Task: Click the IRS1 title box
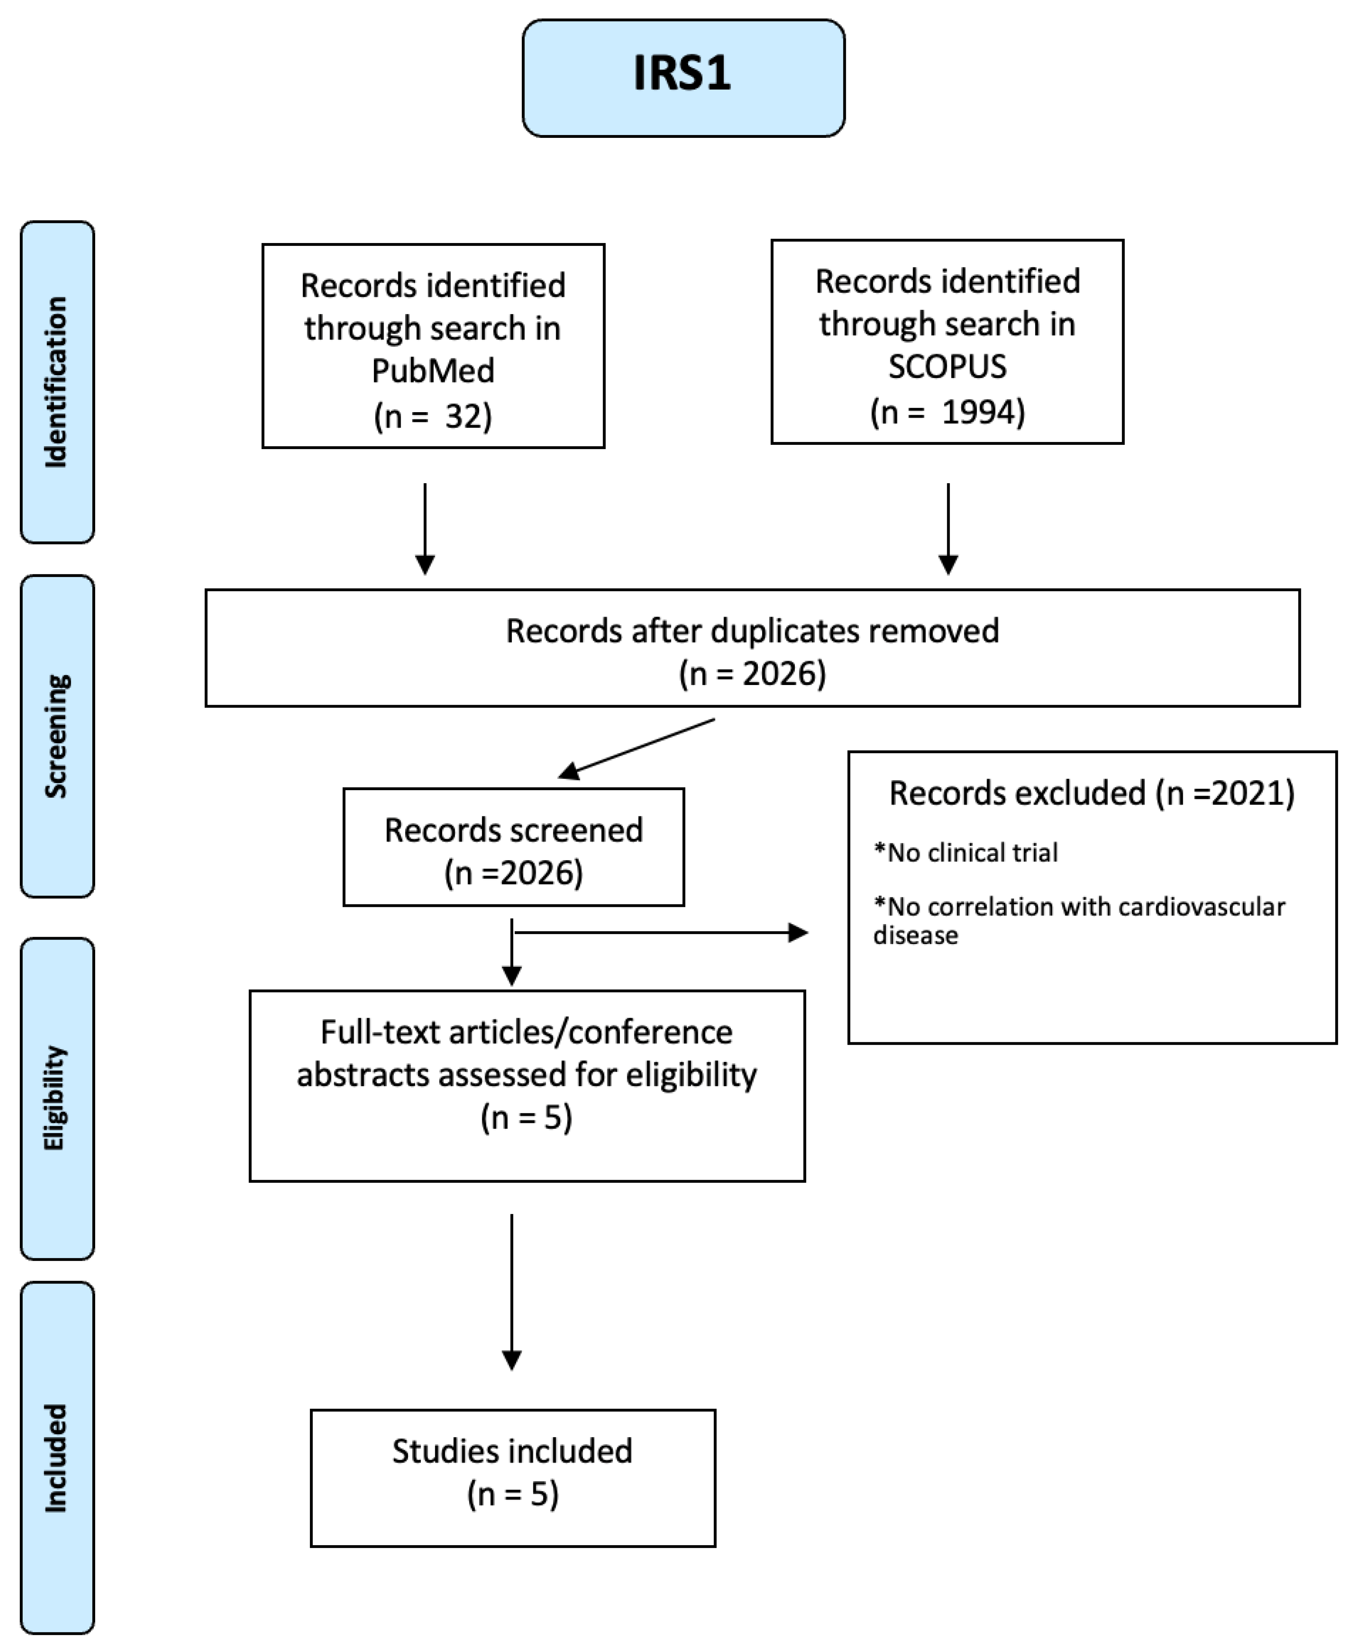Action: [x=683, y=78]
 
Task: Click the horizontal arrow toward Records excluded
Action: [x=661, y=932]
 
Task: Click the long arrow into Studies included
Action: [x=511, y=1290]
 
